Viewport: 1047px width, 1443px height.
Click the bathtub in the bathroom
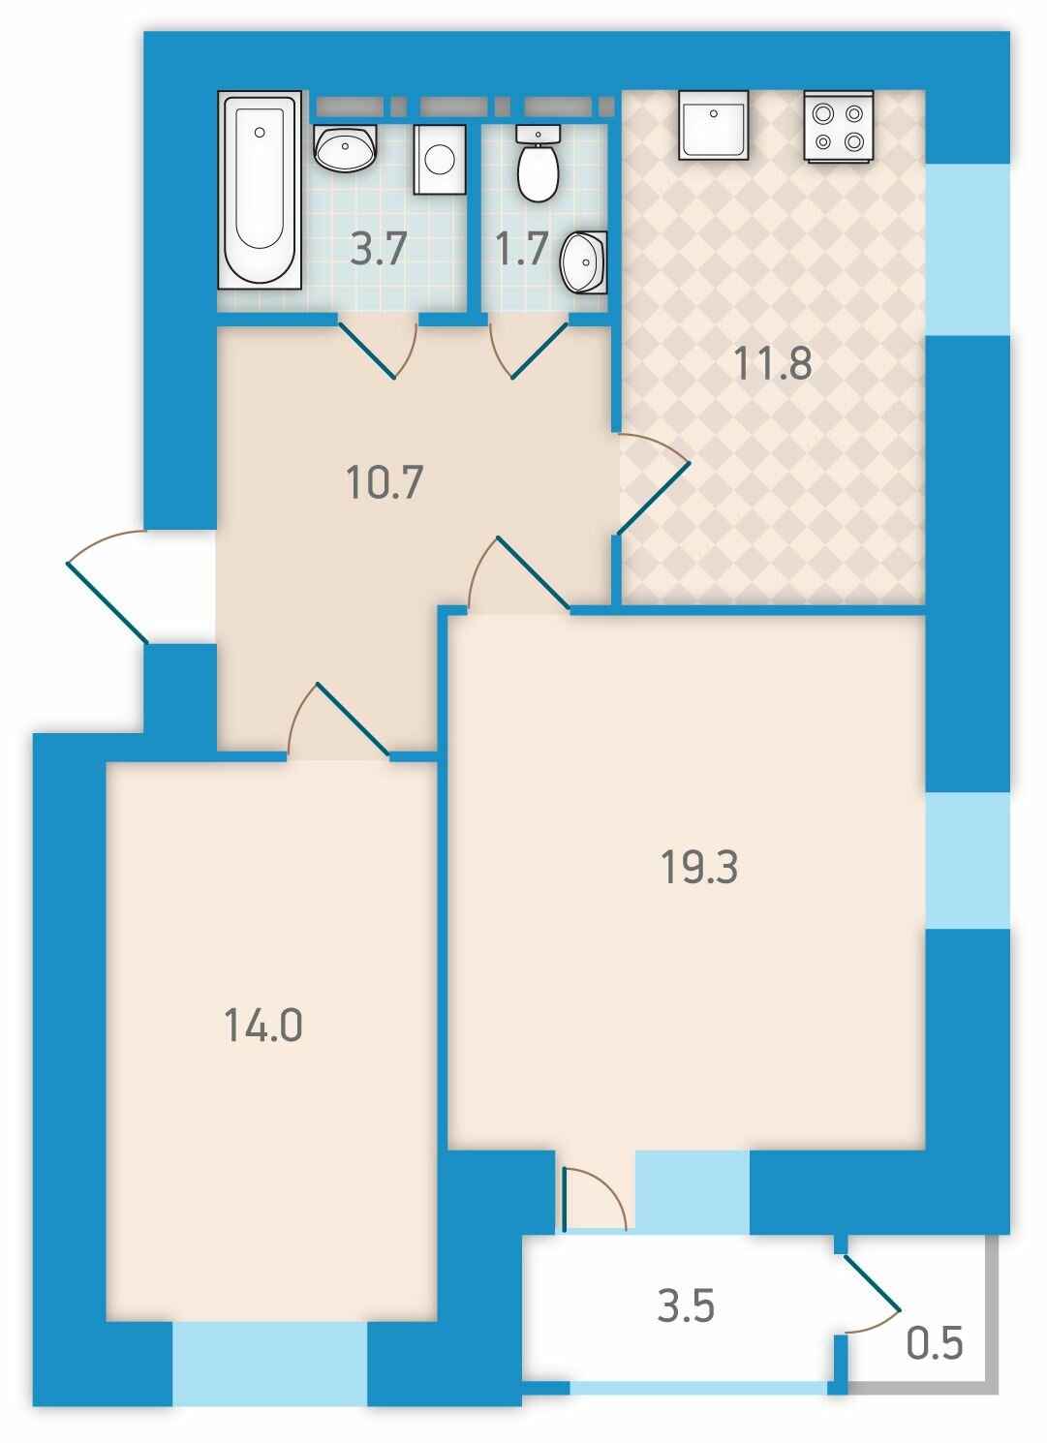260,190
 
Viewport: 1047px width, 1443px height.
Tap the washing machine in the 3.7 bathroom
440,159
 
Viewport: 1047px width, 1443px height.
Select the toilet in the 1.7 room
538,164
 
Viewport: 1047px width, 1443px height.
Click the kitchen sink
713,124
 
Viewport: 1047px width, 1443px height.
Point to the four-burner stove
838,126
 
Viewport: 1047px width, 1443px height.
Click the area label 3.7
378,249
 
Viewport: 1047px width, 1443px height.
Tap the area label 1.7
522,249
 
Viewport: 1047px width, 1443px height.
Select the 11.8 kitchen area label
773,363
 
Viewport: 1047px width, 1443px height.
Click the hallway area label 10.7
384,482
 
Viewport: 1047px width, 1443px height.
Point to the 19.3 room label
699,867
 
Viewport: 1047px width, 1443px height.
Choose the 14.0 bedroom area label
263,1025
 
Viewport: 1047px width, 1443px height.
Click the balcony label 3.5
686,1306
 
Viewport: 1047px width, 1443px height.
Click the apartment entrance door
107,586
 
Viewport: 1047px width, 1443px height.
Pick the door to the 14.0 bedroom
338,718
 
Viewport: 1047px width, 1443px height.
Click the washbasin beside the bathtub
345,148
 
